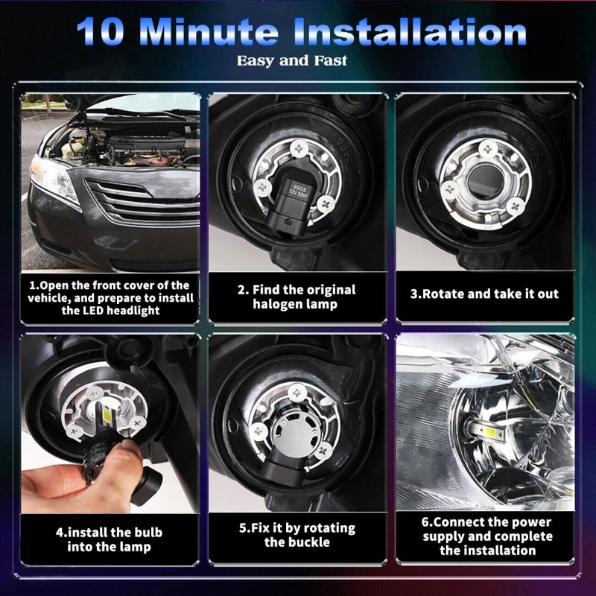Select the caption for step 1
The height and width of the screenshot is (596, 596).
[110, 297]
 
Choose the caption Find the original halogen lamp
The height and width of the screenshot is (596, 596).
[297, 297]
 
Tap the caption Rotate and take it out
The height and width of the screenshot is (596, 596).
[484, 294]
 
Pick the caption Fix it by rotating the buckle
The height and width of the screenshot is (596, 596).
[297, 535]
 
